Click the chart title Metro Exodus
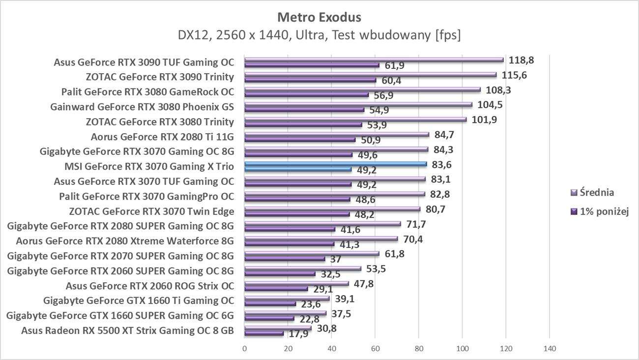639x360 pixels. pyautogui.click(x=319, y=17)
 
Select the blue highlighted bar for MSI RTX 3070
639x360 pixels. pyautogui.click(x=335, y=164)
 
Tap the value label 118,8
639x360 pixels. pyautogui.click(x=521, y=60)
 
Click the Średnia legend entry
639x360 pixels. pyautogui.click(x=596, y=193)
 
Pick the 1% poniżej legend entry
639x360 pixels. pyautogui.click(x=601, y=211)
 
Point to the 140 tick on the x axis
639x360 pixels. pyautogui.click(x=550, y=349)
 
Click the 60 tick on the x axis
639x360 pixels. pyautogui.click(x=375, y=349)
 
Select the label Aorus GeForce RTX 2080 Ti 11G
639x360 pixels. pyautogui.click(x=163, y=137)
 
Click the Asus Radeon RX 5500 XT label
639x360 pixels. pyautogui.click(x=127, y=330)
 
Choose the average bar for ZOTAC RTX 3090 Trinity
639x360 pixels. pyautogui.click(x=370, y=75)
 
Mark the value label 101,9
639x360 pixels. pyautogui.click(x=484, y=120)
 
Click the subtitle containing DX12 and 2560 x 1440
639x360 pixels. pyautogui.click(x=319, y=35)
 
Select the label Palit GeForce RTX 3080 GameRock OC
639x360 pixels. pyautogui.click(x=147, y=92)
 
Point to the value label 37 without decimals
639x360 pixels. pyautogui.click(x=336, y=259)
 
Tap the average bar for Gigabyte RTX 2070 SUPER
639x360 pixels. pyautogui.click(x=312, y=254)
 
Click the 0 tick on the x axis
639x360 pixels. pyautogui.click(x=245, y=349)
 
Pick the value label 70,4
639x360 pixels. pyautogui.click(x=412, y=240)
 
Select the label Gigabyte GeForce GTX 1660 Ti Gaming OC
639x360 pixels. pyautogui.click(x=139, y=300)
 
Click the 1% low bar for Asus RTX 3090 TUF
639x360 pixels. pyautogui.click(x=312, y=65)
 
